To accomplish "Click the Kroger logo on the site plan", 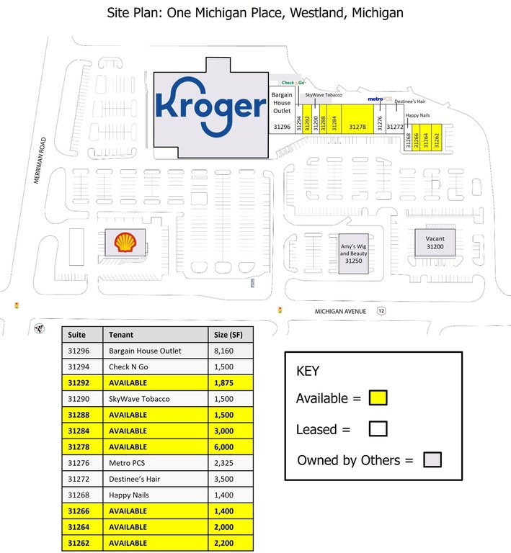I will (210, 107).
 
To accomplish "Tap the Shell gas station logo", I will (124, 242).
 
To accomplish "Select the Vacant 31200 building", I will (435, 243).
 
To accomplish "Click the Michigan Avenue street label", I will (340, 311).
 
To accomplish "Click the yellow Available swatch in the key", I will (378, 397).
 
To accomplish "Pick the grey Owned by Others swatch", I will (432, 460).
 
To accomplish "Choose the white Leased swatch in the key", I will (378, 429).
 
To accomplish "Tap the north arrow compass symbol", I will (39, 328).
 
